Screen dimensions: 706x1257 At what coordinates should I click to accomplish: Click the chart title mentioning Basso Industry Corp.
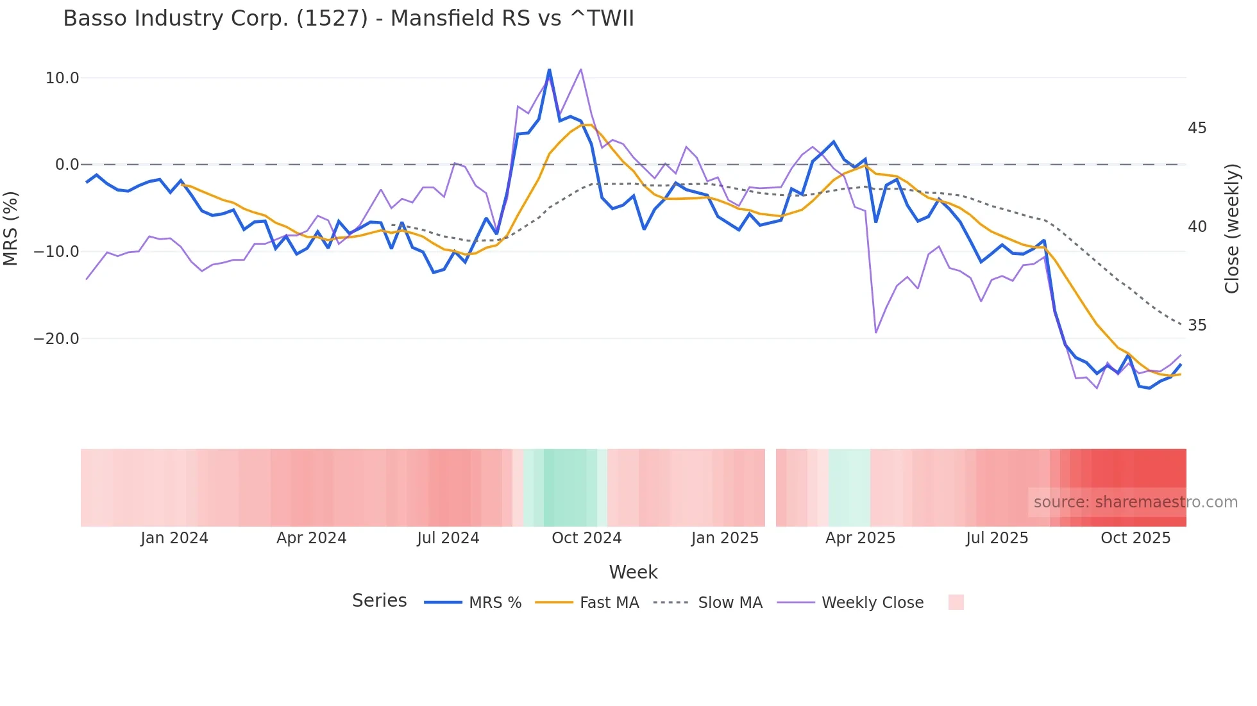pyautogui.click(x=348, y=19)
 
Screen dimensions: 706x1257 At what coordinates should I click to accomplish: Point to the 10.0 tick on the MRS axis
pyautogui.click(x=62, y=78)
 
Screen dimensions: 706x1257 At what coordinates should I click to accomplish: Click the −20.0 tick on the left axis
pyautogui.click(x=56, y=339)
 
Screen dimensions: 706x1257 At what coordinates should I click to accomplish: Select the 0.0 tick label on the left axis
pyautogui.click(x=67, y=165)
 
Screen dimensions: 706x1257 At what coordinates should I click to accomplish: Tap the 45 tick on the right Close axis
pyautogui.click(x=1197, y=128)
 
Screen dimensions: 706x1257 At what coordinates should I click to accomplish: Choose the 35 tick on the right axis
pyautogui.click(x=1197, y=325)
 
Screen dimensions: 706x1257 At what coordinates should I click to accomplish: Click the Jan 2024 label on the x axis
pyautogui.click(x=174, y=538)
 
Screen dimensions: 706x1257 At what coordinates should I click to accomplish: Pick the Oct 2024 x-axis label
pyautogui.click(x=586, y=538)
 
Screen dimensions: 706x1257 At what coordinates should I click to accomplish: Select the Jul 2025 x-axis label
pyautogui.click(x=997, y=538)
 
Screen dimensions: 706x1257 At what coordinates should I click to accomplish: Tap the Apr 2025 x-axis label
pyautogui.click(x=860, y=538)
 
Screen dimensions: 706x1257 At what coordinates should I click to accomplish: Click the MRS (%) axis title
pyautogui.click(x=11, y=228)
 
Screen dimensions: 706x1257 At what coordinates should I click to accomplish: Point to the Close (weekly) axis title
pyautogui.click(x=1231, y=228)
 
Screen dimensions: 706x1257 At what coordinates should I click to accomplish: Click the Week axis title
pyautogui.click(x=633, y=572)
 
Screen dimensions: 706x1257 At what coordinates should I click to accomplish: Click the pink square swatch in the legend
pyautogui.click(x=956, y=602)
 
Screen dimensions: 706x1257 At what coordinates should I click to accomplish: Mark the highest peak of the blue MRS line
pyautogui.click(x=549, y=70)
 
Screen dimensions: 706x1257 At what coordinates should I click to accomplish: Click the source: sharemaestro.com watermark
pyautogui.click(x=1135, y=502)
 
